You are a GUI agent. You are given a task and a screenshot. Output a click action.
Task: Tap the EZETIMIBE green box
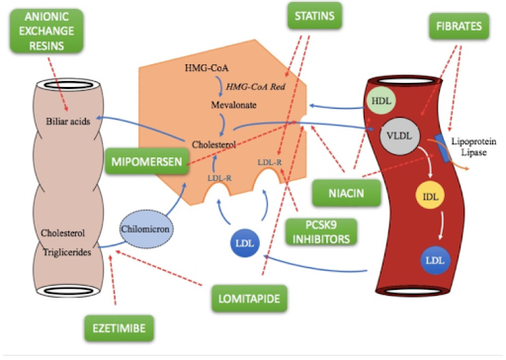[107, 324]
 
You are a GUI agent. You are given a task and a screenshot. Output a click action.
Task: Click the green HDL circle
[381, 102]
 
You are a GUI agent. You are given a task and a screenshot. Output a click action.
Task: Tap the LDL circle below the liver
[242, 242]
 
